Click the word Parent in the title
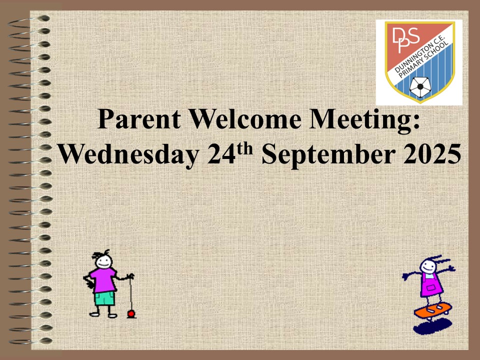point(138,119)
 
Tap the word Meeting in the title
point(360,120)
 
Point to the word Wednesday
point(128,154)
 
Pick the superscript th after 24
point(245,149)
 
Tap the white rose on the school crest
point(420,86)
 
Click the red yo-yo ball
point(131,313)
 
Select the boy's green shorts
point(104,298)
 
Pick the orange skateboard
point(433,310)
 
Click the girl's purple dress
point(431,284)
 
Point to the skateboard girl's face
point(427,266)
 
